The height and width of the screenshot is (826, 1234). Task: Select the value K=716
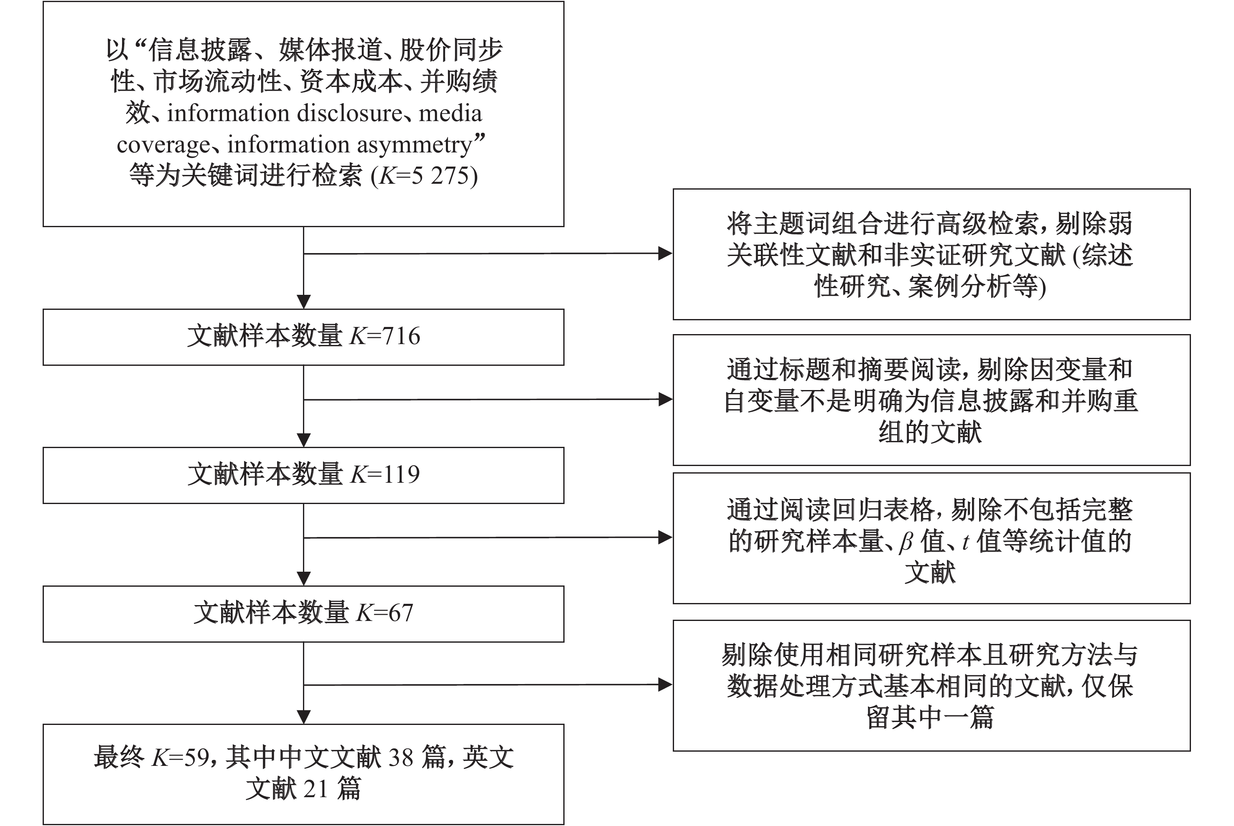(x=385, y=336)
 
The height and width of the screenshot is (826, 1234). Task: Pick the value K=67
(x=385, y=613)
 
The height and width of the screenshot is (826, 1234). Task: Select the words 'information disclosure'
(x=285, y=113)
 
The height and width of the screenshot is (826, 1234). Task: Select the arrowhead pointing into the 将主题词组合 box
(x=666, y=254)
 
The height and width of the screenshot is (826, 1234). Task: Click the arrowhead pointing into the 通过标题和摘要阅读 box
(x=666, y=399)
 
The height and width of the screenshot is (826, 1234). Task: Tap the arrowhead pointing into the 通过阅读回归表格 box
(x=666, y=538)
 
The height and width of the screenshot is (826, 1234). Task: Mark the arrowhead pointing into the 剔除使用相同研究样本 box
(x=666, y=685)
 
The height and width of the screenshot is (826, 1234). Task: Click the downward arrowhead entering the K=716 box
(x=304, y=302)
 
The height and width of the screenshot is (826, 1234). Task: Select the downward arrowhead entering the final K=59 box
(x=304, y=717)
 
